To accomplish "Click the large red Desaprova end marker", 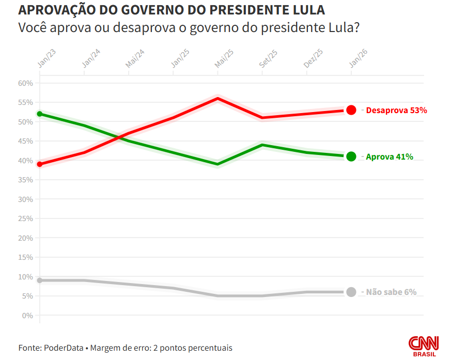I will click(x=351, y=110).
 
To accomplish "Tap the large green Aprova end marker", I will click(x=351, y=156).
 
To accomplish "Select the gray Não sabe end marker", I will click(x=351, y=292).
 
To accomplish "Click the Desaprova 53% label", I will click(x=396, y=110).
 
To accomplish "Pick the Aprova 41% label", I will click(x=390, y=156).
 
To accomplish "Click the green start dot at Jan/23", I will click(x=40, y=114).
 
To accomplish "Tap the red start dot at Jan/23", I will click(x=40, y=164).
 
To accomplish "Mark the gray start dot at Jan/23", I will click(x=40, y=280).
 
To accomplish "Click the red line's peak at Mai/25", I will click(x=218, y=98).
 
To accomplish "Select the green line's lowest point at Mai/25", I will click(x=218, y=164).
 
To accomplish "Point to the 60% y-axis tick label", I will click(x=25, y=83).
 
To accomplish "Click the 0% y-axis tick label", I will click(x=27, y=316).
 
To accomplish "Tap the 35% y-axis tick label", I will click(x=25, y=180).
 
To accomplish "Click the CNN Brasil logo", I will click(x=424, y=345).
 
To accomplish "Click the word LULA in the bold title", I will click(x=309, y=10).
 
